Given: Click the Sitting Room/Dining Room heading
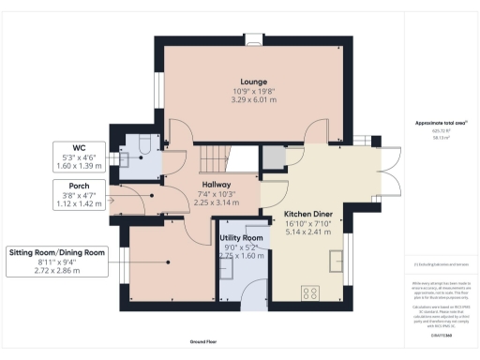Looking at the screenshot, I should pyautogui.click(x=57, y=253).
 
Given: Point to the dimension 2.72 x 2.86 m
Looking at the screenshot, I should pyautogui.click(x=57, y=270).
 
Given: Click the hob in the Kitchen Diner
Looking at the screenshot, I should pyautogui.click(x=308, y=293).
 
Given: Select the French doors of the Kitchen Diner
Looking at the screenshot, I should pyautogui.click(x=384, y=165).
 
